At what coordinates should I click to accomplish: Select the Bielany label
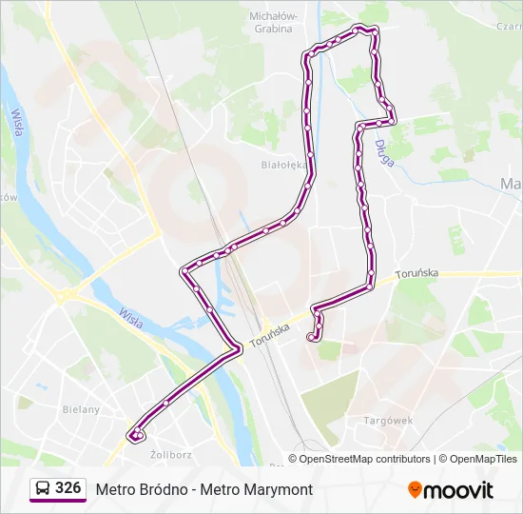[81, 409]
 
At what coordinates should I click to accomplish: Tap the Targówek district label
[385, 420]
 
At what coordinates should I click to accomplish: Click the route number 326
[68, 488]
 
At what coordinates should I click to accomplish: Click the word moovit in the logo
[458, 490]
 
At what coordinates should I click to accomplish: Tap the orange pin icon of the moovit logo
[415, 489]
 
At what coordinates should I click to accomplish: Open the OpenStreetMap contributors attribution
[365, 459]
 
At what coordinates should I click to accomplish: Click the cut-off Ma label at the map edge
[511, 183]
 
